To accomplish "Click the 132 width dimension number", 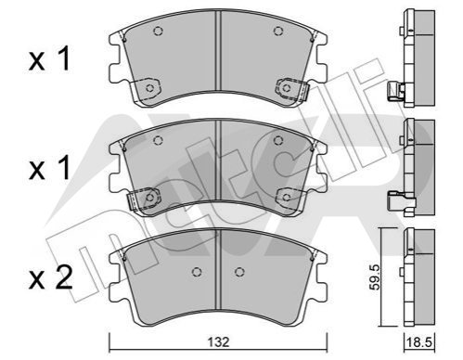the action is [x=218, y=342].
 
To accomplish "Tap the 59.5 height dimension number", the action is [x=375, y=277].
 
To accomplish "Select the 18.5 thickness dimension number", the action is [x=419, y=342].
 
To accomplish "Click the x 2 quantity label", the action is [x=50, y=277].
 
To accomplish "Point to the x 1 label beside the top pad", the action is [x=49, y=58].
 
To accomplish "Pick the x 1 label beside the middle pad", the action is [x=49, y=168].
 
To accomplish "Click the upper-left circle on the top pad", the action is [x=158, y=32].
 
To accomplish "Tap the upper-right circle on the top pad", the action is [x=278, y=31].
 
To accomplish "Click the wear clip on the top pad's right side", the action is [x=292, y=89].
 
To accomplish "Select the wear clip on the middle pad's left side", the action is [x=145, y=199].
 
